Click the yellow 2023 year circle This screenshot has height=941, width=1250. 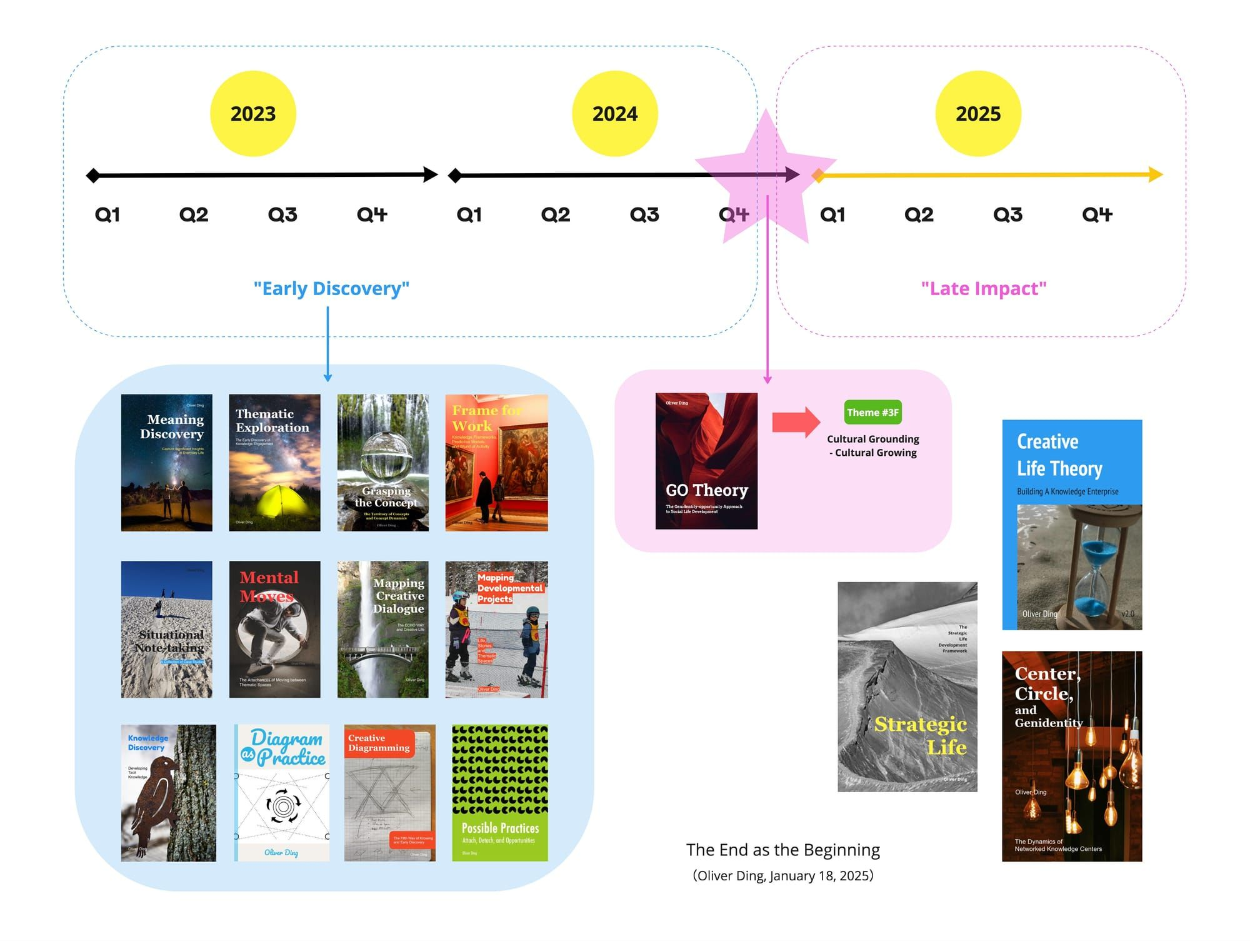pyautogui.click(x=252, y=114)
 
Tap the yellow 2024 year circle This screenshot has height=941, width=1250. pyautogui.click(x=615, y=114)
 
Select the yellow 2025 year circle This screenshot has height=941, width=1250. pyautogui.click(x=978, y=114)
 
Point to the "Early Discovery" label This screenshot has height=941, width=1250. pyautogui.click(x=331, y=288)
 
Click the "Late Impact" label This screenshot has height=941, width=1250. pyautogui.click(x=983, y=288)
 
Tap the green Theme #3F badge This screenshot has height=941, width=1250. pyautogui.click(x=872, y=412)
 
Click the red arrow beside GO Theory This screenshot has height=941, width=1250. pyautogui.click(x=796, y=422)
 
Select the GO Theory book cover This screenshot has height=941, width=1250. pyautogui.click(x=706, y=461)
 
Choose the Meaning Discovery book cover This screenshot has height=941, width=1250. pyautogui.click(x=166, y=463)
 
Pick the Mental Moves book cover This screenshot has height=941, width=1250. pyautogui.click(x=274, y=629)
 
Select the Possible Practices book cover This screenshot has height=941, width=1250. pyautogui.click(x=500, y=793)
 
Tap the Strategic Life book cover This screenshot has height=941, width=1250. pyautogui.click(x=907, y=687)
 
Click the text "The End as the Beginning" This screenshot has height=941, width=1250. pyautogui.click(x=782, y=850)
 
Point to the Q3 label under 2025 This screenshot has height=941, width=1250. pyautogui.click(x=1007, y=215)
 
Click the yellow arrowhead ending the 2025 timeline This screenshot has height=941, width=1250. pyautogui.click(x=1156, y=174)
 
